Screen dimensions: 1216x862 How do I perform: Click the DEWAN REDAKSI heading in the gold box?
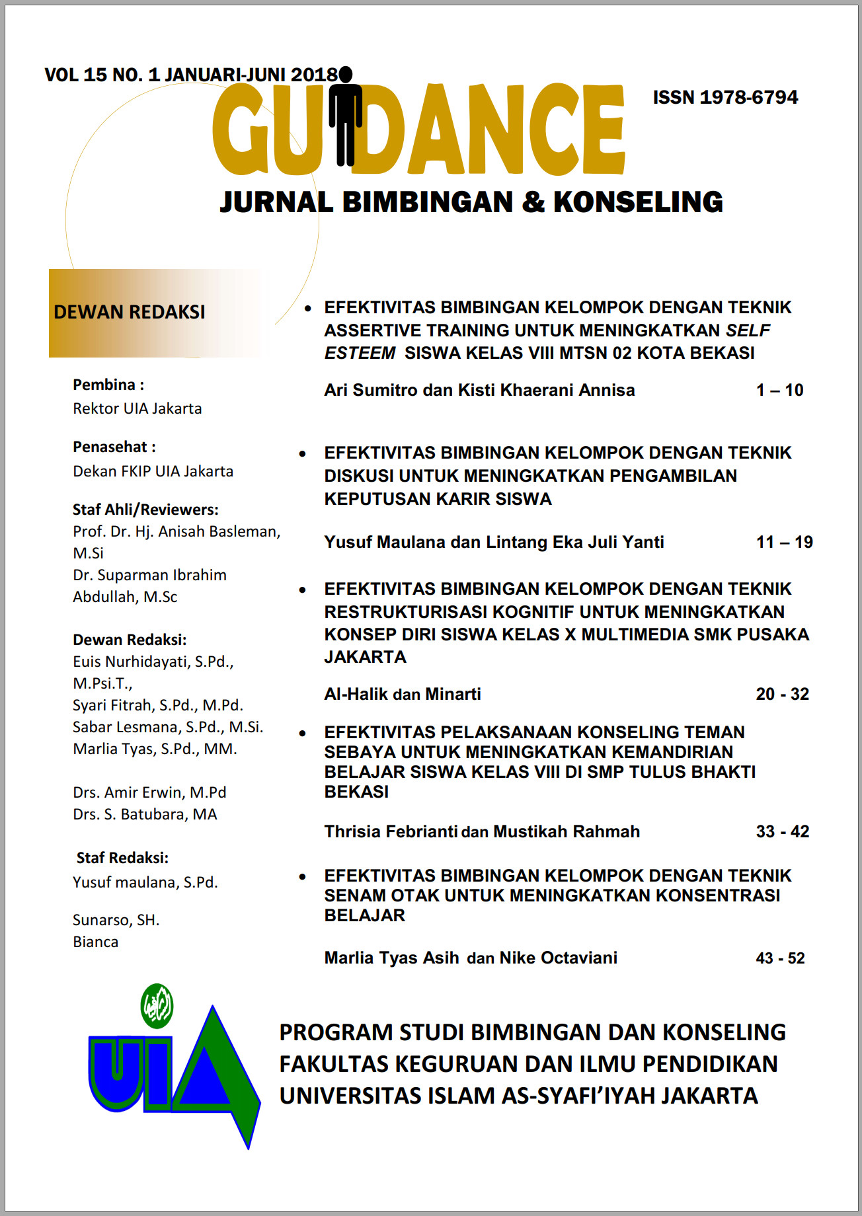click(x=130, y=312)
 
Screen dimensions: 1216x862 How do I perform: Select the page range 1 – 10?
click(x=779, y=390)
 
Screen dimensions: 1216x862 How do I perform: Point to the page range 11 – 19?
click(x=784, y=542)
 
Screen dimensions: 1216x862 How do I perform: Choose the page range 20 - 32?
click(x=782, y=694)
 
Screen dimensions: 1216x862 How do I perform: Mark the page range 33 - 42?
click(x=782, y=831)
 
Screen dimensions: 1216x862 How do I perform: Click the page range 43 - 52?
click(x=780, y=958)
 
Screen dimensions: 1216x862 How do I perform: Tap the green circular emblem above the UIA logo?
click(x=157, y=1006)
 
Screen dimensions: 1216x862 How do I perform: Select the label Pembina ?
click(x=108, y=385)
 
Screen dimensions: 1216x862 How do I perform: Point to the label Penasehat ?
click(x=114, y=447)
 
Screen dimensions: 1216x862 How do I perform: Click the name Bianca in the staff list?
click(x=96, y=942)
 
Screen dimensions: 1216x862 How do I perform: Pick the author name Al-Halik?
click(x=356, y=694)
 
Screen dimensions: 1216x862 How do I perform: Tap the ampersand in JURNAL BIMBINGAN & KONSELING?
click(x=533, y=202)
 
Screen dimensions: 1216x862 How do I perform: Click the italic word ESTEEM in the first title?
click(x=360, y=353)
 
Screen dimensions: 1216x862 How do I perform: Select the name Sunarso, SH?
click(x=116, y=920)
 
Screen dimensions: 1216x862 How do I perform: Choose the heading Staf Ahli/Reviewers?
click(x=145, y=510)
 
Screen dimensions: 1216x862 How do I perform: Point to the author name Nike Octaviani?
click(x=558, y=958)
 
